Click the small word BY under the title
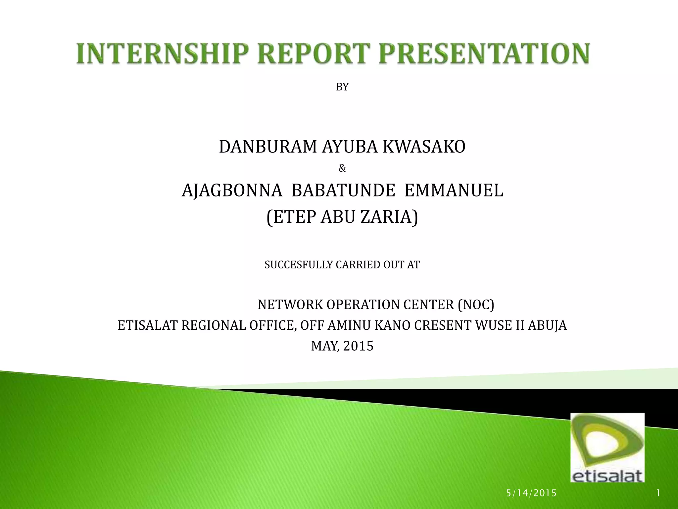coord(342,87)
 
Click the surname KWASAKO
coord(424,147)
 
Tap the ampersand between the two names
coord(342,169)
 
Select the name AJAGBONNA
coord(232,191)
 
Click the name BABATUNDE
coord(343,191)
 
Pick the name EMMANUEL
coord(454,191)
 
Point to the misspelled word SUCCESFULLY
coord(299,265)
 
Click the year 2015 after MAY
coord(358,346)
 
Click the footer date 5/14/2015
coord(531,493)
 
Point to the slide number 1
coord(658,493)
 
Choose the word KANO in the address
coord(393,326)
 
